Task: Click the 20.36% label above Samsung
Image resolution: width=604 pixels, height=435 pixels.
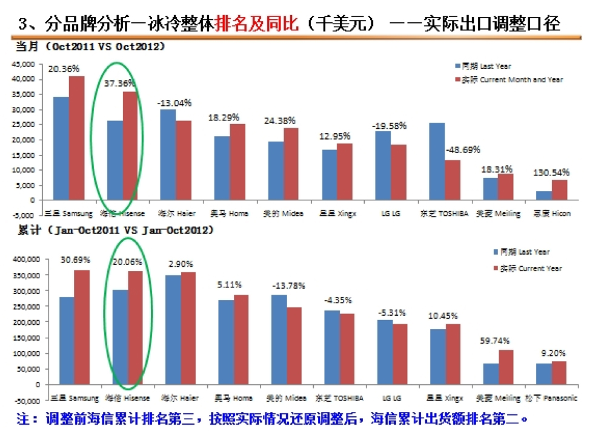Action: click(x=64, y=68)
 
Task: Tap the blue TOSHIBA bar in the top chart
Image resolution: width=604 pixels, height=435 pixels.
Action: click(x=436, y=161)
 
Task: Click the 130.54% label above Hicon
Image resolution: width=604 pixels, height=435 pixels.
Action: click(x=551, y=172)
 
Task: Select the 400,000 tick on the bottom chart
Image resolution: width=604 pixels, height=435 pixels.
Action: click(x=24, y=259)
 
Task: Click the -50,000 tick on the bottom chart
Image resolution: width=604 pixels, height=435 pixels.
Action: click(x=24, y=401)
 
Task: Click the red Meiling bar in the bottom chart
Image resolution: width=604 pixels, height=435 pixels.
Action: click(x=506, y=367)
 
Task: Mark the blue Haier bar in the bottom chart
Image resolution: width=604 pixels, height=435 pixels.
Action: click(x=173, y=330)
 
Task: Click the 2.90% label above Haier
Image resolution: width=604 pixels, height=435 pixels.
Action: click(x=181, y=264)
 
